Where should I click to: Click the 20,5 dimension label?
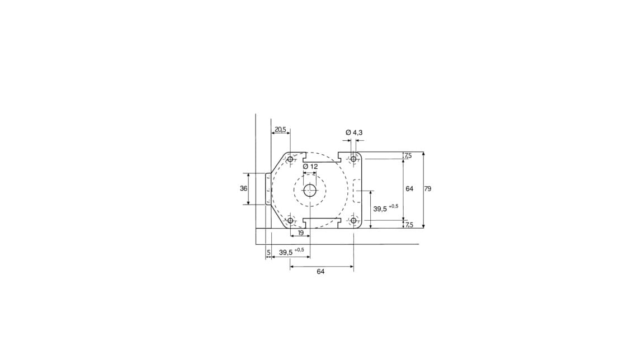[x=280, y=129]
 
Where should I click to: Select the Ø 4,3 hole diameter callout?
[x=353, y=132]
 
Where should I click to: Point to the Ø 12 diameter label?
[x=310, y=167]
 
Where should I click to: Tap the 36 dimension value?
[x=244, y=188]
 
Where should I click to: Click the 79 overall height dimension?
[x=427, y=189]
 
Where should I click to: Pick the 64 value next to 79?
[x=409, y=189]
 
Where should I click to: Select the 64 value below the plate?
[x=320, y=272]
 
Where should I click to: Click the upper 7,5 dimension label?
[x=408, y=156]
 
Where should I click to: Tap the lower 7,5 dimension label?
[x=409, y=225]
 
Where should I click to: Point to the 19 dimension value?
[x=301, y=233]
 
